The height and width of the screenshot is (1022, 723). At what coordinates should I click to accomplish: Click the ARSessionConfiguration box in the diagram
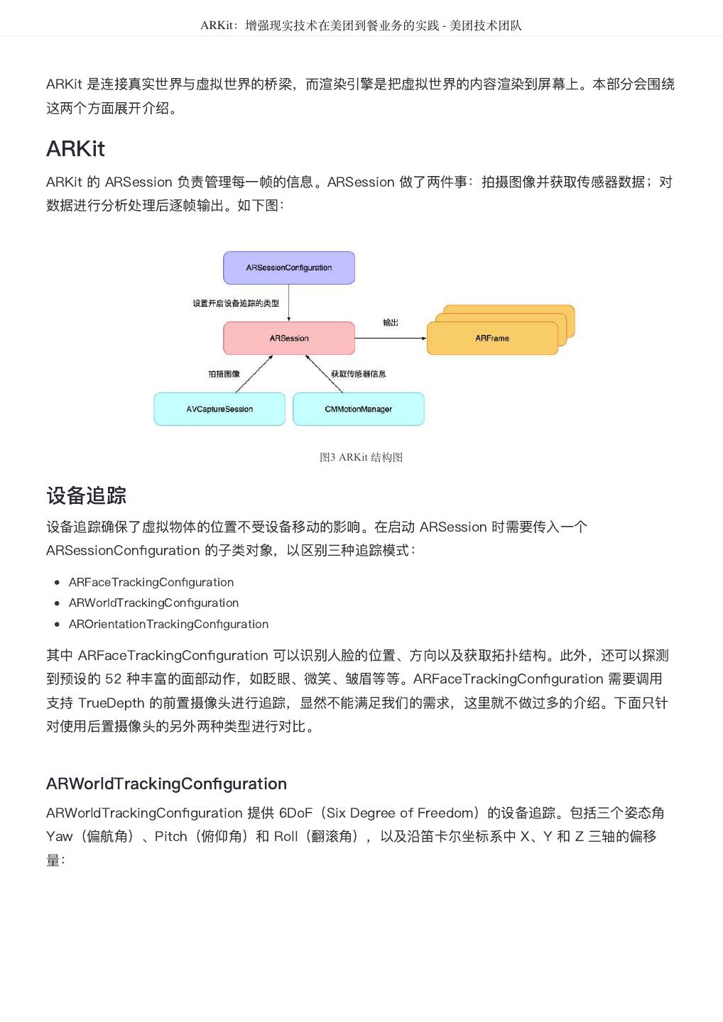click(x=289, y=268)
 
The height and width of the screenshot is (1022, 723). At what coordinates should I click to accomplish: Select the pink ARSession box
click(x=289, y=338)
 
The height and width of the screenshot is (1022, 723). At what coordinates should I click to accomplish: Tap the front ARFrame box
click(x=492, y=339)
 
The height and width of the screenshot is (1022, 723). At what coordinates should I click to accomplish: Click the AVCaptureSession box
click(x=219, y=410)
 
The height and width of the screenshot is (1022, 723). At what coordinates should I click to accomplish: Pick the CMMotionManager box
click(x=358, y=410)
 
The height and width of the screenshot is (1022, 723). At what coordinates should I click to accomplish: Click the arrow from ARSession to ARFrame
click(x=391, y=338)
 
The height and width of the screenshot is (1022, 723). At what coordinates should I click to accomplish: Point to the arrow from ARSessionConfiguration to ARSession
click(x=289, y=303)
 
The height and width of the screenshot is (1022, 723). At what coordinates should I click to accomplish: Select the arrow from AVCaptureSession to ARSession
click(x=254, y=374)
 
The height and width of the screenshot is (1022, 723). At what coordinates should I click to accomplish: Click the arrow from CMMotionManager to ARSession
click(x=324, y=374)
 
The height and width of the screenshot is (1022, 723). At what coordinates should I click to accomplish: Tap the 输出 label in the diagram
click(x=391, y=323)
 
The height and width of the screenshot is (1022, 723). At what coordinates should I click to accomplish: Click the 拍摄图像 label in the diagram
click(x=224, y=374)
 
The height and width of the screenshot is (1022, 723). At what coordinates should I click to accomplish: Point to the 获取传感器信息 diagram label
click(x=359, y=374)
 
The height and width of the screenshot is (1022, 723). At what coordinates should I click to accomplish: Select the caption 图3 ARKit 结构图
click(x=361, y=458)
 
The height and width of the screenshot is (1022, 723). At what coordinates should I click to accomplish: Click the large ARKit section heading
click(x=75, y=149)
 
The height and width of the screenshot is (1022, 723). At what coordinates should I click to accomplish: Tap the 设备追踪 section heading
click(x=86, y=495)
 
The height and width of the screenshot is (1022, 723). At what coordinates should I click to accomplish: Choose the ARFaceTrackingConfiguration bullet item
click(x=151, y=582)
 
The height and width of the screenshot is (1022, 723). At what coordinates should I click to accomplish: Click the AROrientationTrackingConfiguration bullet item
click(x=168, y=624)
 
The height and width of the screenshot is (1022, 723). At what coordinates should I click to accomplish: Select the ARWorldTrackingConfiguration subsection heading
click(x=166, y=784)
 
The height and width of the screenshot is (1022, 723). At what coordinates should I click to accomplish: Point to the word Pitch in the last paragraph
click(x=170, y=836)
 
